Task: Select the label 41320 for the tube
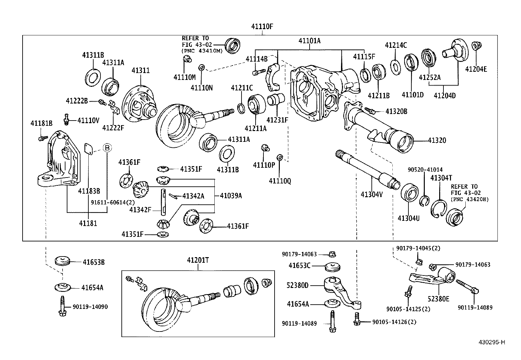click(437, 141)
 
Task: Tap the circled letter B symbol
click(107, 148)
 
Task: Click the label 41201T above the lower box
click(198, 260)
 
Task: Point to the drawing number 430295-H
click(491, 342)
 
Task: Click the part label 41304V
click(371, 194)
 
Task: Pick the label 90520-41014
click(425, 170)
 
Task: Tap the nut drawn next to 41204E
click(476, 46)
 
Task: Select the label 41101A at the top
click(309, 41)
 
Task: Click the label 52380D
click(297, 285)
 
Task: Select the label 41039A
click(231, 196)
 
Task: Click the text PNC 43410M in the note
click(202, 51)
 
